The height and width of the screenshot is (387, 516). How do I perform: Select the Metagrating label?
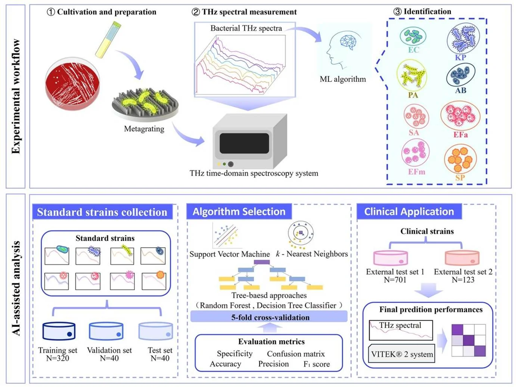[144, 129]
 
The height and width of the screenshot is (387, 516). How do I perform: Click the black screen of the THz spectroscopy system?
[244, 143]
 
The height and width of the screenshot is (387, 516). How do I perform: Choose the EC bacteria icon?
[413, 36]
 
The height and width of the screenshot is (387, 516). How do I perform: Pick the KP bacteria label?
[460, 58]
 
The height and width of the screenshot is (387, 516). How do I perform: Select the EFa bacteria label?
[460, 134]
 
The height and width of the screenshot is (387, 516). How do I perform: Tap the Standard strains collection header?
[102, 212]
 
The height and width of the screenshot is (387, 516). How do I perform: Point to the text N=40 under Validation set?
[109, 359]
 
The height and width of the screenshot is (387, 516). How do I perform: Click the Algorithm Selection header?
[239, 212]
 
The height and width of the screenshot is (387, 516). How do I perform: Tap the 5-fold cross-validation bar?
[269, 318]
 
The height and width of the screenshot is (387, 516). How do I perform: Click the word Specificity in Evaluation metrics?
[234, 353]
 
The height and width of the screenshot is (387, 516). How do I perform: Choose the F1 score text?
[317, 364]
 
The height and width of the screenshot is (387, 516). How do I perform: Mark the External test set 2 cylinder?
[462, 258]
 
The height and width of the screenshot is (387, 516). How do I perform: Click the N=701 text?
[395, 280]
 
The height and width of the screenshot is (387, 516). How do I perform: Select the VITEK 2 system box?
[402, 354]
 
